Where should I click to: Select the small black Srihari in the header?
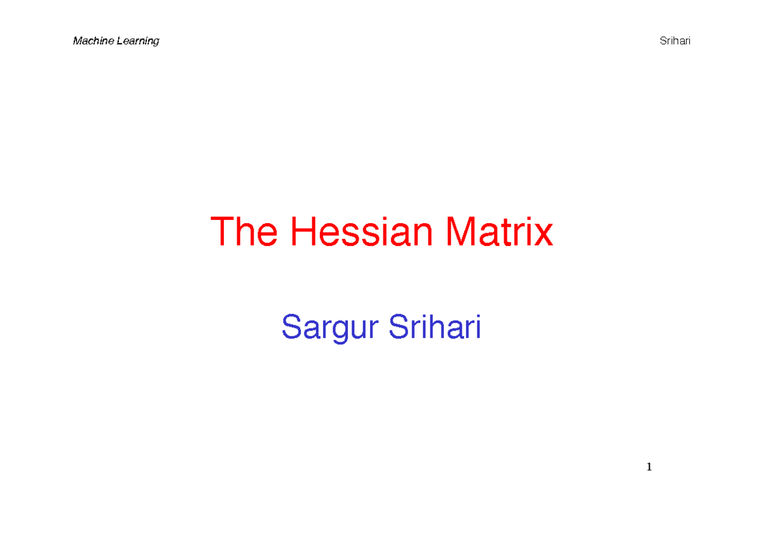[x=675, y=41]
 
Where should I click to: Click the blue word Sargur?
[x=330, y=328]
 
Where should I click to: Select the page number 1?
[x=649, y=467]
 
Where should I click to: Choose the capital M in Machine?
[x=77, y=41]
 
